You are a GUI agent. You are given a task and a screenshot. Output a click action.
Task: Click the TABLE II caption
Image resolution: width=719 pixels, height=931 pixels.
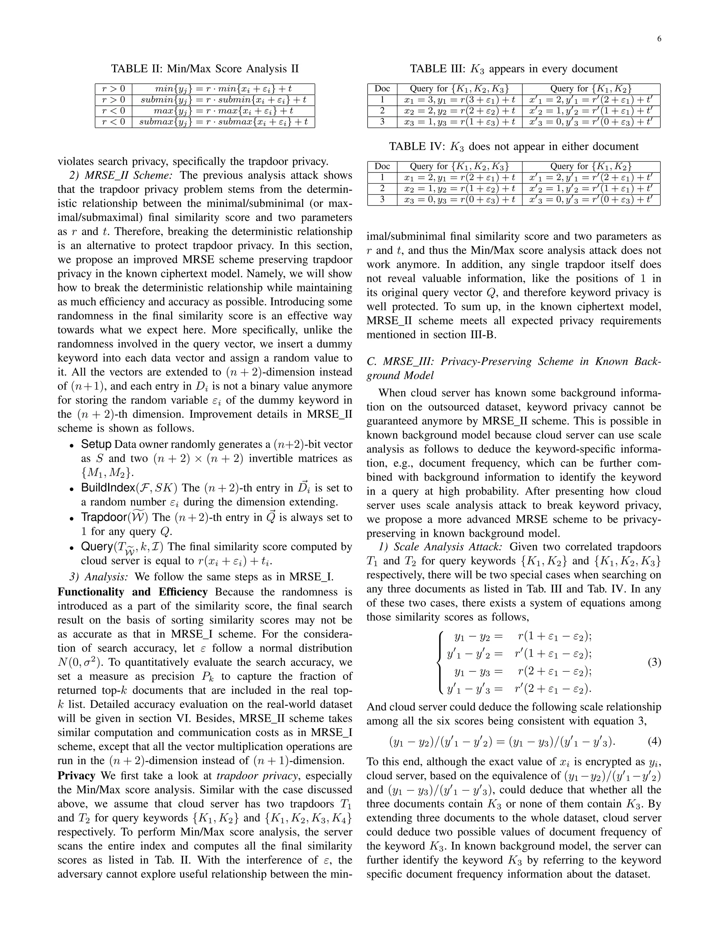click(x=205, y=69)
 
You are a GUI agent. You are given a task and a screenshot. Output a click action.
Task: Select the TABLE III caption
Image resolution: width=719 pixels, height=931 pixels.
click(x=514, y=69)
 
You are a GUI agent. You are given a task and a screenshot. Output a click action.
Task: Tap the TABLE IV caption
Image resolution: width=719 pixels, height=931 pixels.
click(x=514, y=147)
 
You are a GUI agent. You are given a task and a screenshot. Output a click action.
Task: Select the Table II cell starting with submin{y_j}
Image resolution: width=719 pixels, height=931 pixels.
click(x=223, y=100)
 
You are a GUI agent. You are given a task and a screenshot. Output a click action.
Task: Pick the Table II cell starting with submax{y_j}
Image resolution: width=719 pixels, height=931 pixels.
click(x=223, y=122)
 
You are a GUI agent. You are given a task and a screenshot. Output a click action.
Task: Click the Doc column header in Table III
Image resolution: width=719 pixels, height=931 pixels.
click(x=382, y=89)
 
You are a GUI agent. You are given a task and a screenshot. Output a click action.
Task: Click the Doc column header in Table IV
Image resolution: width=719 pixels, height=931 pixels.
click(x=382, y=167)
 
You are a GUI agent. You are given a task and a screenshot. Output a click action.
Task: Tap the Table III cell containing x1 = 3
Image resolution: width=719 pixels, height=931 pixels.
click(x=460, y=100)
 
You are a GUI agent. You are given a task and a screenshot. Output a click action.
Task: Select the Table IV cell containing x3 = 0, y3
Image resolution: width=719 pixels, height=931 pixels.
click(x=460, y=200)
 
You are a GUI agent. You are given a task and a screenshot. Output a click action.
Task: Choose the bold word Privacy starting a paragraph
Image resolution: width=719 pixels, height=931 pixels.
click(x=76, y=776)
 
